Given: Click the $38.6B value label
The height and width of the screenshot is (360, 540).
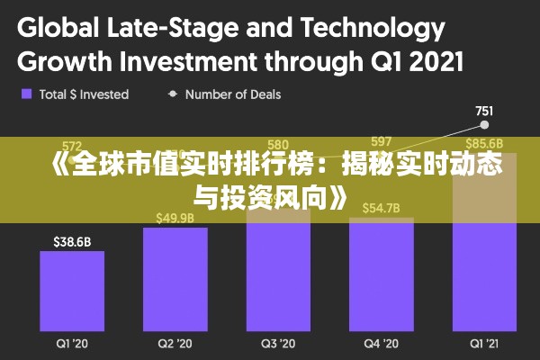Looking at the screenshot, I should click(72, 241).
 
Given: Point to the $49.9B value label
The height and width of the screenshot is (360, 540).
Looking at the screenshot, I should click(175, 218).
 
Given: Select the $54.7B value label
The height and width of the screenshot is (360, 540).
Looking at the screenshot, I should click(381, 209).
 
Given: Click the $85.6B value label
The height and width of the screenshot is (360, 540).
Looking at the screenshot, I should click(484, 143).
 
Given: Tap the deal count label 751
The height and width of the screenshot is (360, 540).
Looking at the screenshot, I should click(484, 112).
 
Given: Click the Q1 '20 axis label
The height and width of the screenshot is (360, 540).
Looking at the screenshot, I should click(72, 343).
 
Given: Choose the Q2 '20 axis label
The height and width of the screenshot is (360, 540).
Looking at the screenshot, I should click(175, 343).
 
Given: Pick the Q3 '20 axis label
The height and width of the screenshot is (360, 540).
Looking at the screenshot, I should click(278, 343).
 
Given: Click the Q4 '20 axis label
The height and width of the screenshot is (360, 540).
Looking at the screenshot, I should click(381, 343).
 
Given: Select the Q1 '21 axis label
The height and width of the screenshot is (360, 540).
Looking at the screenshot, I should click(484, 343).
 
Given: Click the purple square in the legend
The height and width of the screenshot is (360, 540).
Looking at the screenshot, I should click(27, 94).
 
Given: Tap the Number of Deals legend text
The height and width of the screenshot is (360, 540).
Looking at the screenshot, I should click(233, 94).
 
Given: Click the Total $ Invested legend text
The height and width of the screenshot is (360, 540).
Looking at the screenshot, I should click(84, 94).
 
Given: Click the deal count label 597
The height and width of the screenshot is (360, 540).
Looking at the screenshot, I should click(381, 141).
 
